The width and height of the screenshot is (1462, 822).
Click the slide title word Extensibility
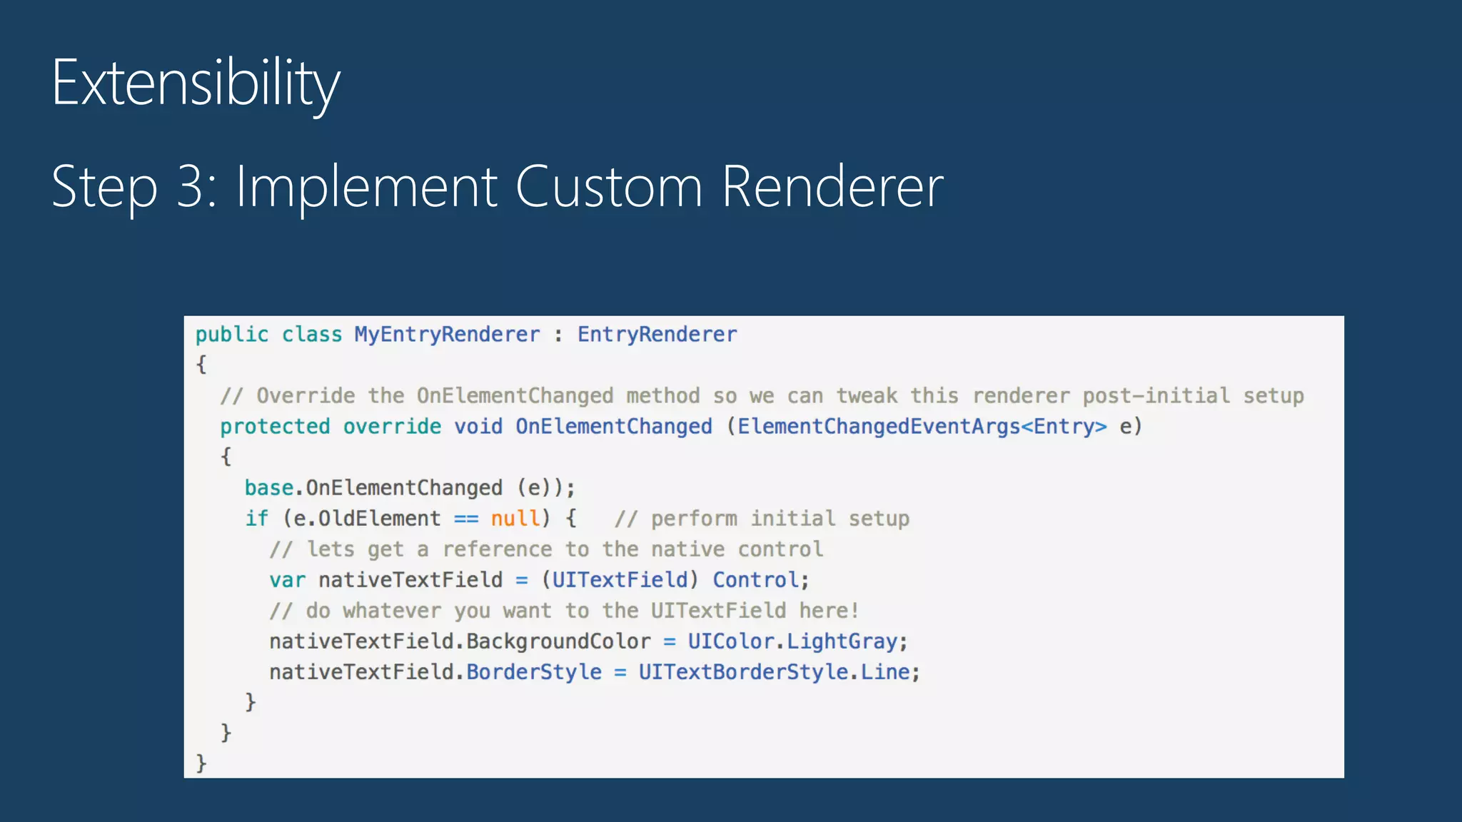(x=196, y=83)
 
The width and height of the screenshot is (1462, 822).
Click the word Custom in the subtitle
(x=608, y=187)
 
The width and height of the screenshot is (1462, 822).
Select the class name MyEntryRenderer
(x=447, y=335)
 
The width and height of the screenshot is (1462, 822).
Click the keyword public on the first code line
(x=232, y=335)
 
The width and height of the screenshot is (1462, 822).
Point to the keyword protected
(x=275, y=427)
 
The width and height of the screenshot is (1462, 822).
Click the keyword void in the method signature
(x=478, y=427)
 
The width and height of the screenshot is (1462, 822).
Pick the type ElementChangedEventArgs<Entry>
(x=922, y=427)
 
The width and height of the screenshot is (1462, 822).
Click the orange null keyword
(x=515, y=519)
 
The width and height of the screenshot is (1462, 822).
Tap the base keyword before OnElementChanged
(x=269, y=488)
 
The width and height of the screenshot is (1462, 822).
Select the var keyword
(x=287, y=580)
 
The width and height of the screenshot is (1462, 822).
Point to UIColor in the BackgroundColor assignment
(x=731, y=641)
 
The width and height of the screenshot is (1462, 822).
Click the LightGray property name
(x=842, y=641)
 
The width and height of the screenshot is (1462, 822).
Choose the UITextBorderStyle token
(x=743, y=672)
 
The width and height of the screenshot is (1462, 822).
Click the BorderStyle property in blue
(x=534, y=672)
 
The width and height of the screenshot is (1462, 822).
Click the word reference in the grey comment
(x=497, y=549)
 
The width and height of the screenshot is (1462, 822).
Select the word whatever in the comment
(x=392, y=611)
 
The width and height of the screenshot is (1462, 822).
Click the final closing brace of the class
(x=201, y=763)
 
